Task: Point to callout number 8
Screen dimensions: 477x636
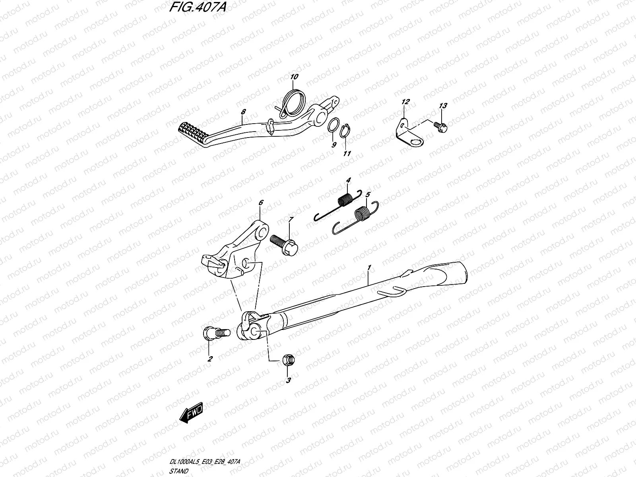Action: (243, 113)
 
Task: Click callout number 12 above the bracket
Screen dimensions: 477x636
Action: (405, 103)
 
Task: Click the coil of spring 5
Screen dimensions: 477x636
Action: (362, 214)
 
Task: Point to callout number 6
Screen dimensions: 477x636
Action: (261, 203)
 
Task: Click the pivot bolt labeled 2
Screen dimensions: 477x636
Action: (212, 333)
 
